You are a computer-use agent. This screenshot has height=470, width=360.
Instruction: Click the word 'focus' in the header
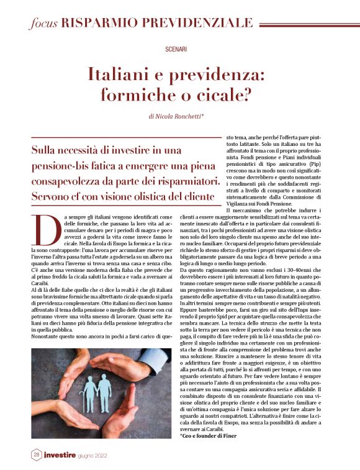(43, 23)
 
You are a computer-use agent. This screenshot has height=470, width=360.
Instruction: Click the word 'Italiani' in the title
(121, 76)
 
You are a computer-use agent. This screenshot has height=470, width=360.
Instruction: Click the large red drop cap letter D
(42, 229)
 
